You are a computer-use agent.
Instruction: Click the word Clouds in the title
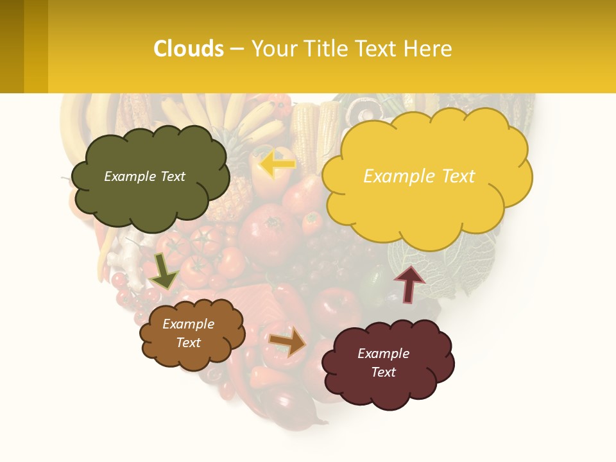[189, 49]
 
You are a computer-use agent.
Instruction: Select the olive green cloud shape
[150, 199]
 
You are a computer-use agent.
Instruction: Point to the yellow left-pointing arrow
[277, 164]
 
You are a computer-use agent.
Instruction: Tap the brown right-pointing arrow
[288, 341]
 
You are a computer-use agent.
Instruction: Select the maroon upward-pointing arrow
[409, 284]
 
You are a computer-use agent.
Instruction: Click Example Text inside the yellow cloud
[419, 176]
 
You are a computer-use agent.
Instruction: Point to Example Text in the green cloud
[144, 176]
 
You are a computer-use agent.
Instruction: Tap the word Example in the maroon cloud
[383, 354]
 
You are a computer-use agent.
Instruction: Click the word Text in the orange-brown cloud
[189, 343]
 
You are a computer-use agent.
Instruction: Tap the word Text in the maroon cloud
[383, 372]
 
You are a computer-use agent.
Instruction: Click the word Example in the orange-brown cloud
[189, 324]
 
